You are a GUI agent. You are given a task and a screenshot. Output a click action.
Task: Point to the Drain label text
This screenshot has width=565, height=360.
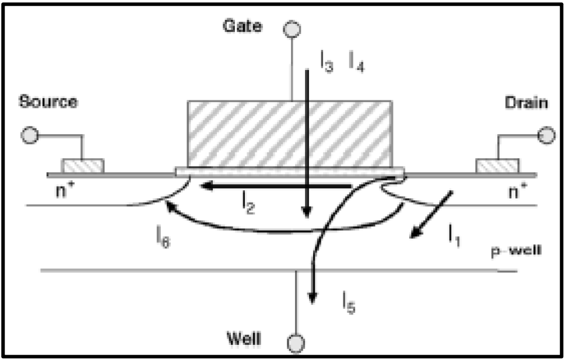click(527, 103)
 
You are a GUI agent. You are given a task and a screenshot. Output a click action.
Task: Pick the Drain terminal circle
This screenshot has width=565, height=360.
click(546, 136)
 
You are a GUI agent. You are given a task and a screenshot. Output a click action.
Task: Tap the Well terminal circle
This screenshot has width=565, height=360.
click(297, 341)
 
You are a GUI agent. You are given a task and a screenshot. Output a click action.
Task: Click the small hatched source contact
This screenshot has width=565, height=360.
click(83, 166)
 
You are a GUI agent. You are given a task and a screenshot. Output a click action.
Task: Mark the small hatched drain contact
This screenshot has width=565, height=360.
click(496, 166)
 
